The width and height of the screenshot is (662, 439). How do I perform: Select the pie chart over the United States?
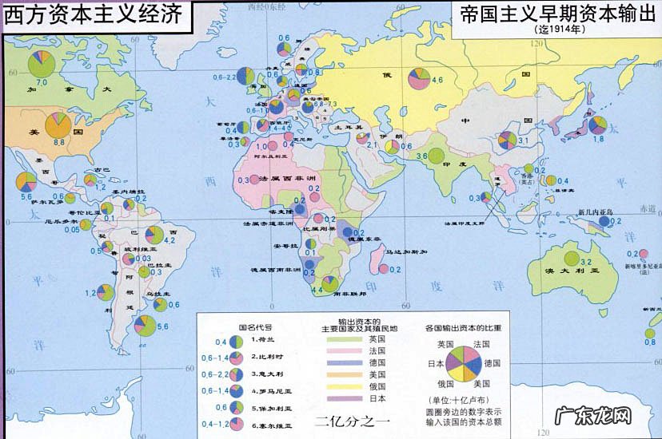(58, 124)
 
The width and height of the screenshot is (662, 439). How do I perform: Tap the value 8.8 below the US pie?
(59, 141)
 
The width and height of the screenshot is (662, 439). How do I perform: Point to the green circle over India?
(437, 156)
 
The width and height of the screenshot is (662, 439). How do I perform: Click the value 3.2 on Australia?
(584, 262)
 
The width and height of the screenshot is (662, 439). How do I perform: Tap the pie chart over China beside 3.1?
(507, 140)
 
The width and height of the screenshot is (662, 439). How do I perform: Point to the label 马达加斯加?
(406, 251)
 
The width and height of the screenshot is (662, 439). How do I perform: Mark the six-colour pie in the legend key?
(462, 362)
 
